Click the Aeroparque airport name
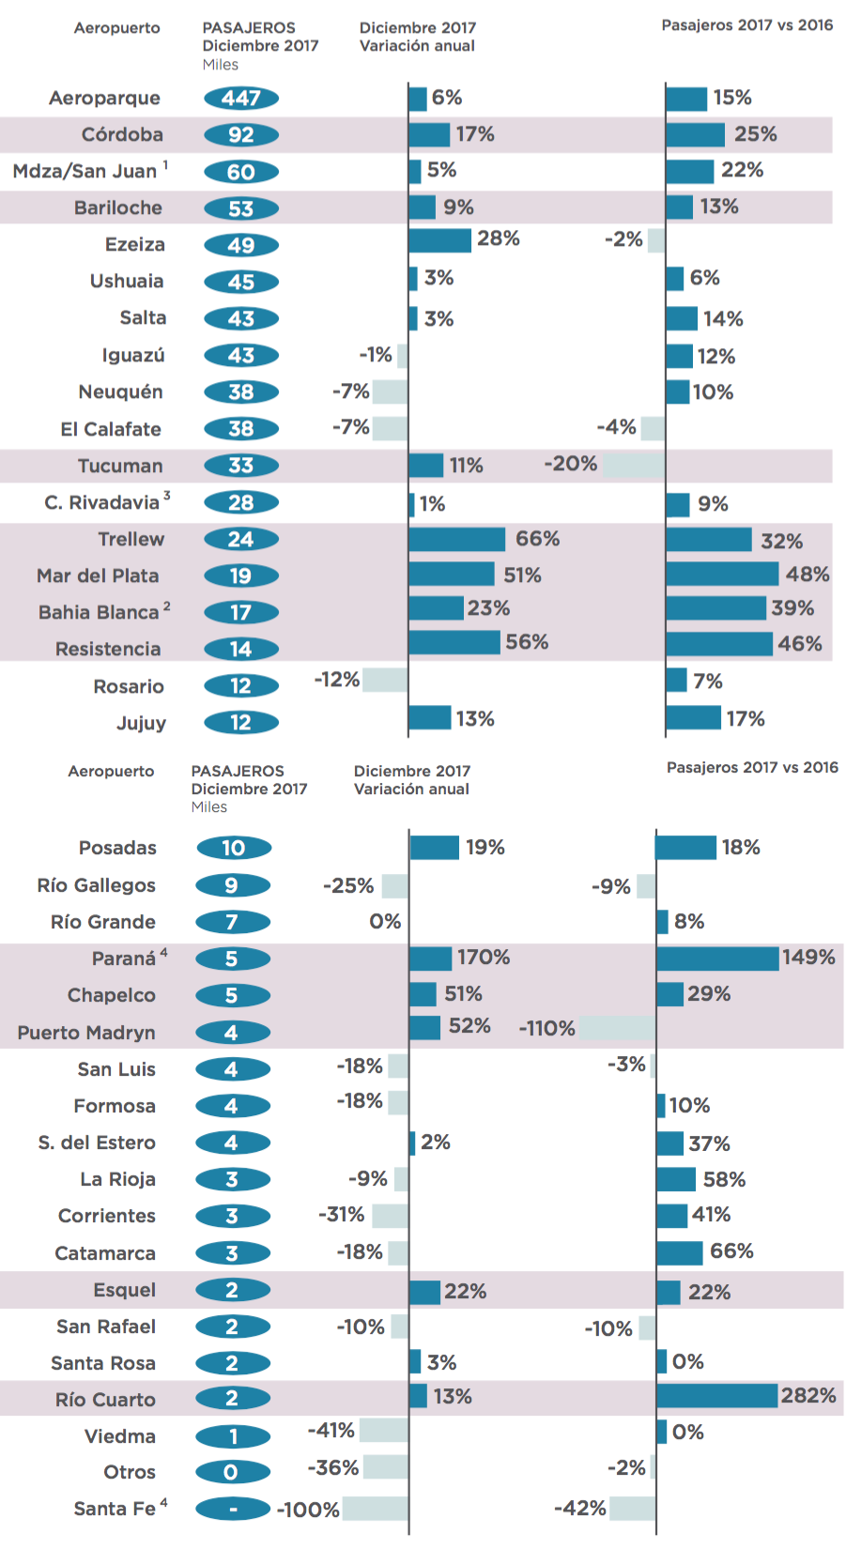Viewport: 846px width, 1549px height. tap(104, 99)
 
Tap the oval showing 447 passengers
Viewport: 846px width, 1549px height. tap(240, 99)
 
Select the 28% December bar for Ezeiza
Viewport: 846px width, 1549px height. tap(440, 240)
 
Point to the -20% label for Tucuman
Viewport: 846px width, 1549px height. tap(571, 464)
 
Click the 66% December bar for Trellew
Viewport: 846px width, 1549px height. tap(457, 540)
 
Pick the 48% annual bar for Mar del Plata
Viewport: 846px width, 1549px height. tap(722, 574)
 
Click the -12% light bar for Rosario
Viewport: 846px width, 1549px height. tap(385, 680)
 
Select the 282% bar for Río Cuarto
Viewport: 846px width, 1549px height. tap(717, 1395)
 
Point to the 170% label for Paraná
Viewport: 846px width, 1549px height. tap(484, 957)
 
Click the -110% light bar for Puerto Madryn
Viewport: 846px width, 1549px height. tap(618, 1028)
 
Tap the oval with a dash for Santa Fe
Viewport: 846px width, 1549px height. tap(233, 1509)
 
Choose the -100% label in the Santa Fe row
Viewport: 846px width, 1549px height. tap(309, 1510)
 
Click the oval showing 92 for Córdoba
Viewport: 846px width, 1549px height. tap(240, 135)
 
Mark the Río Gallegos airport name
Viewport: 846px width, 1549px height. tap(96, 885)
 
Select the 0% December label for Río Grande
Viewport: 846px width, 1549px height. tap(385, 921)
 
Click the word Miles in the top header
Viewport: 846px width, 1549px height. tap(221, 65)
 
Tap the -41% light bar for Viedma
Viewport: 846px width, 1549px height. tap(384, 1430)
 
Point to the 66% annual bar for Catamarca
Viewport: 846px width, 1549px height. tap(680, 1253)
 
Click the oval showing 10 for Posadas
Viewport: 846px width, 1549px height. tap(234, 848)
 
